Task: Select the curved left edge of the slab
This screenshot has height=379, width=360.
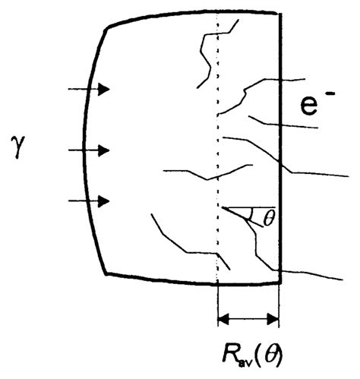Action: click(x=84, y=152)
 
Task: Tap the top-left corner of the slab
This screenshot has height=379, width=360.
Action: click(x=106, y=27)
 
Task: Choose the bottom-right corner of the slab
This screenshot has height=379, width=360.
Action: click(x=282, y=283)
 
